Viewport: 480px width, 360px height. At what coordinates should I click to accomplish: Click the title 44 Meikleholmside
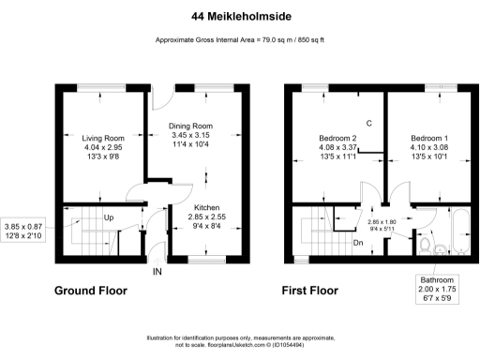pyautogui.click(x=239, y=15)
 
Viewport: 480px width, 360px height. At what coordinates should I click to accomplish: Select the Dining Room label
pyautogui.click(x=190, y=126)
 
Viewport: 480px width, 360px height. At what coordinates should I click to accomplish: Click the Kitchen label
pyautogui.click(x=207, y=206)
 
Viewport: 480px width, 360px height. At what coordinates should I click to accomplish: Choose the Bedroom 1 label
pyautogui.click(x=428, y=138)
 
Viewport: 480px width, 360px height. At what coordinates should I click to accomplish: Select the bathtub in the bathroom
pyautogui.click(x=459, y=232)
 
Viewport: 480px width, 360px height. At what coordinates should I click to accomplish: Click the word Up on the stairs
pyautogui.click(x=109, y=217)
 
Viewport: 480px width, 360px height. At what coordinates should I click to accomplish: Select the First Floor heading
pyautogui.click(x=309, y=291)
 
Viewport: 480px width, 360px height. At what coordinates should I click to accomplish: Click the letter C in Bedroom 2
pyautogui.click(x=369, y=123)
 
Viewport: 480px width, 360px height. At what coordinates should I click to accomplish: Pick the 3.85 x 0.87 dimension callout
pyautogui.click(x=24, y=231)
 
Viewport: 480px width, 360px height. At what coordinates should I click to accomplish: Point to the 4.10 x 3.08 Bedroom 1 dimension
pyautogui.click(x=428, y=147)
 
